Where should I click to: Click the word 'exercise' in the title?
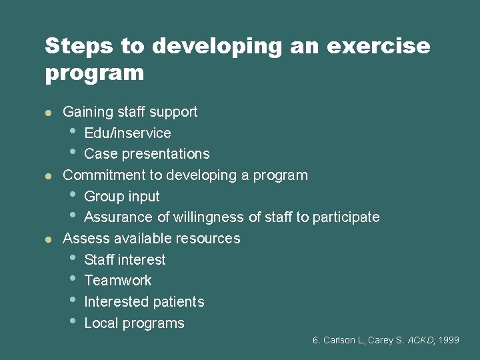pyautogui.click(x=388, y=46)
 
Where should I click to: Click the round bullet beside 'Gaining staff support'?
pyautogui.click(x=48, y=112)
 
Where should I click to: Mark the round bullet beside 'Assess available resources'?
pyautogui.click(x=48, y=239)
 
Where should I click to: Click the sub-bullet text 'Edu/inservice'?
pyautogui.click(x=127, y=133)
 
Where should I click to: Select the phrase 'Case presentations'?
pyautogui.click(x=147, y=154)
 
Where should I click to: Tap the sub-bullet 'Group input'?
pyautogui.click(x=122, y=197)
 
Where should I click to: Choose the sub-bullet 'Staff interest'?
pyautogui.click(x=125, y=259)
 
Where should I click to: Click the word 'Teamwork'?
pyautogui.click(x=118, y=281)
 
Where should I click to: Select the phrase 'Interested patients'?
pyautogui.click(x=144, y=302)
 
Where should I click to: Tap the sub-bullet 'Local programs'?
pyautogui.click(x=134, y=323)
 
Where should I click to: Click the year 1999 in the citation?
pyautogui.click(x=449, y=340)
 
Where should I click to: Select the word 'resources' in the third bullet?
pyautogui.click(x=209, y=239)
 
